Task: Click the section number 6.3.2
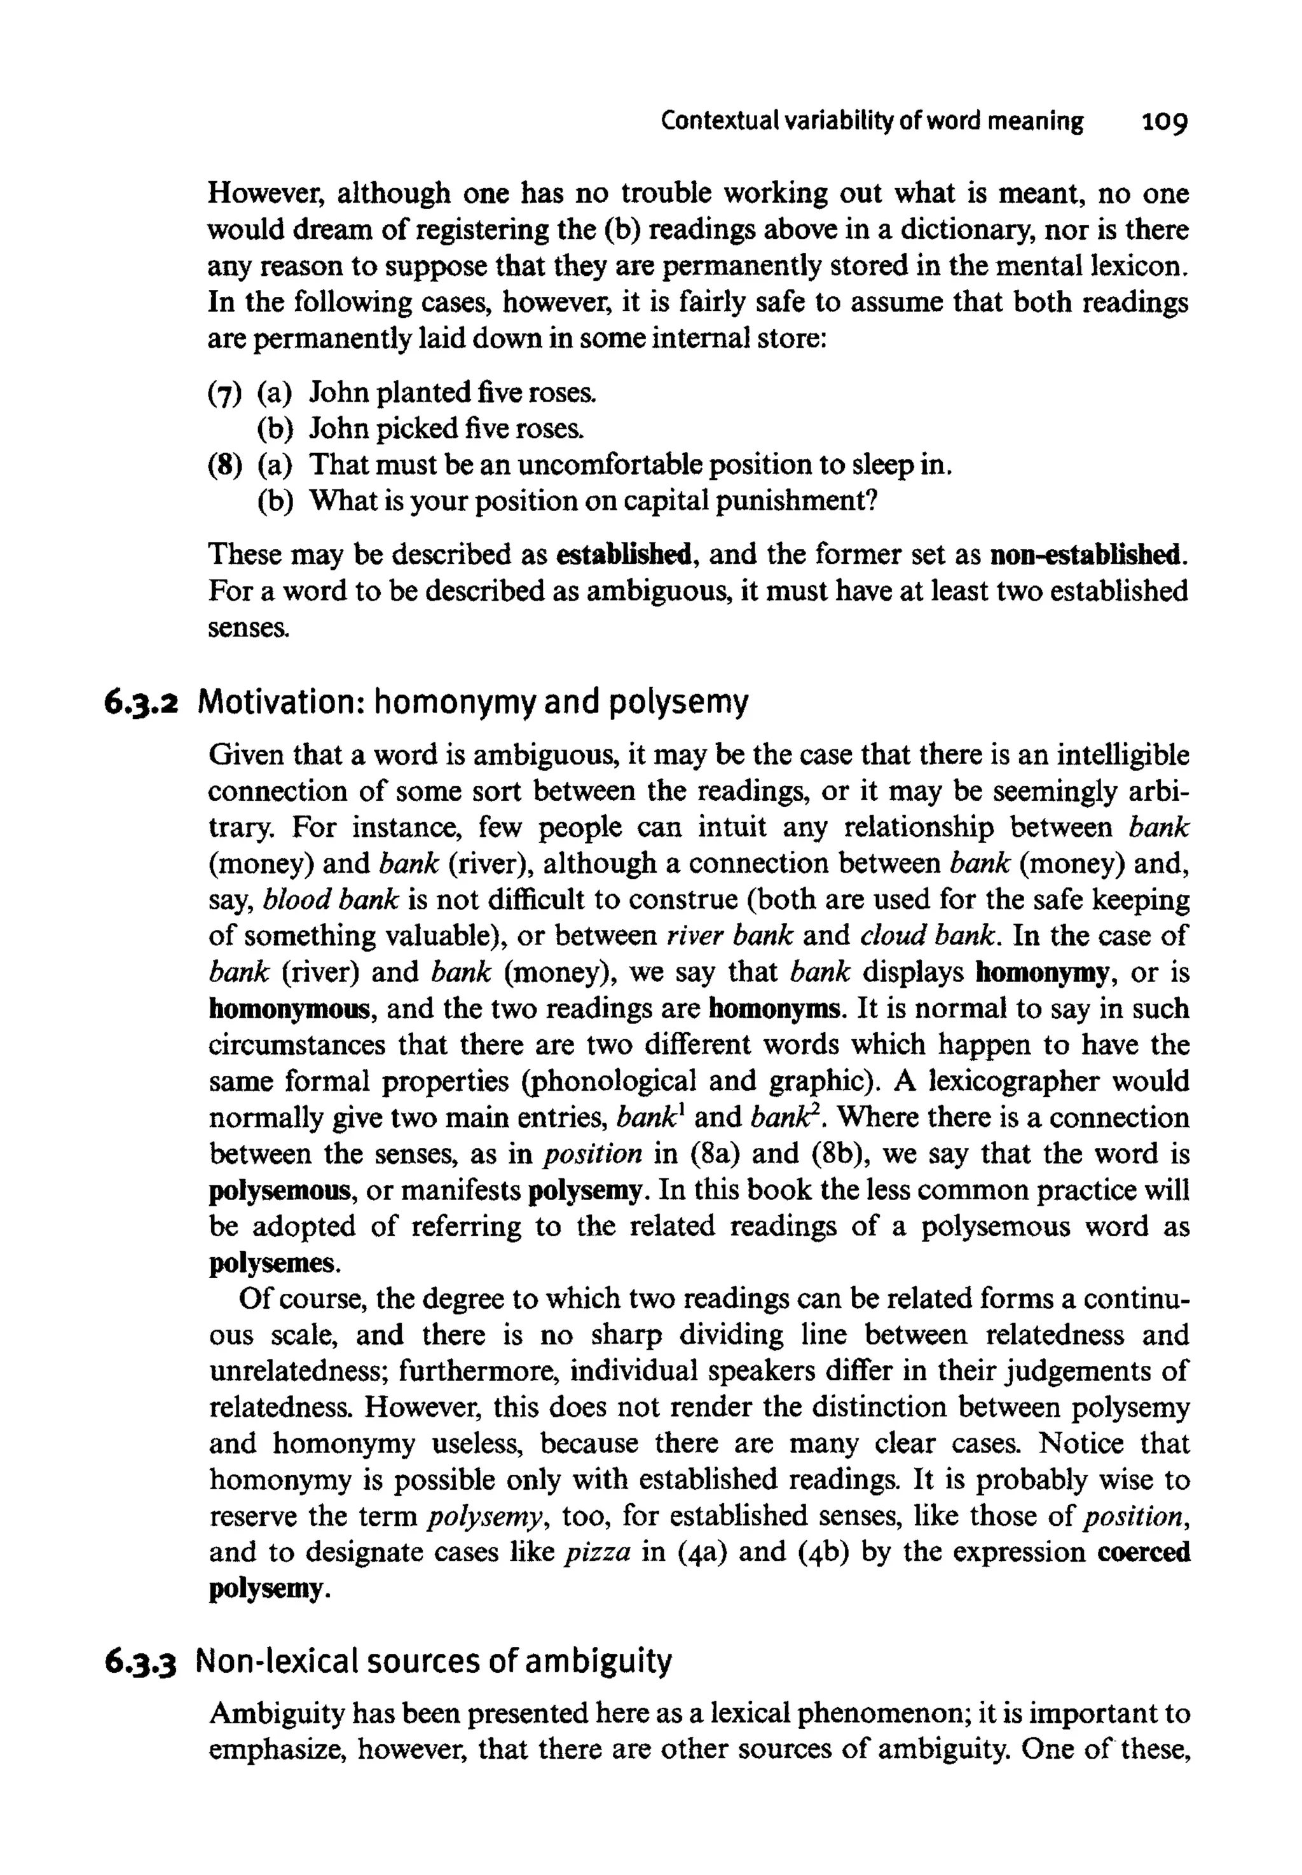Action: tap(141, 702)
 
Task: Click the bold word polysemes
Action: tap(271, 1264)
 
